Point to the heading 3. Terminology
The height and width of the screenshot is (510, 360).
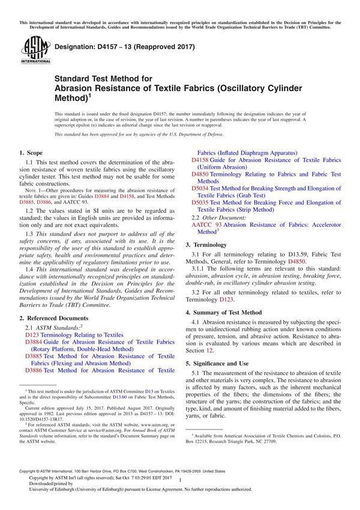210,245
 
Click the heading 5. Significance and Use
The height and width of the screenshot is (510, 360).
223,363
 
